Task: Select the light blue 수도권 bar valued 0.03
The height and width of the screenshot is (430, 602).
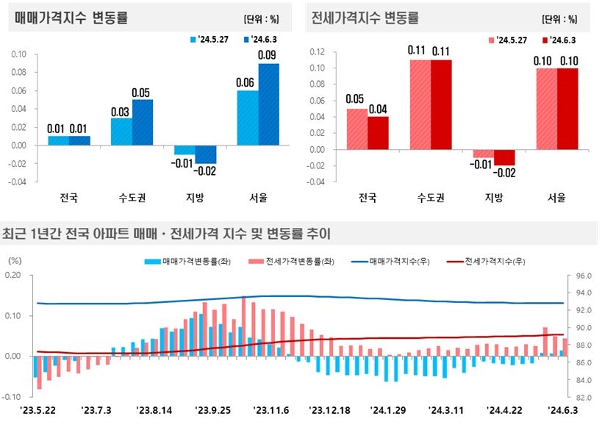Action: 121,132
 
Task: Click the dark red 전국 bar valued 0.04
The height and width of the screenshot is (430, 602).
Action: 378,133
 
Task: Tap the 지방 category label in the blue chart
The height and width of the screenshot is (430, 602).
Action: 195,198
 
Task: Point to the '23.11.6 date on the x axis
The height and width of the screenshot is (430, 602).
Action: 271,409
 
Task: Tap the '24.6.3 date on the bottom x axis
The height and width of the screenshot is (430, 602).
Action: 560,409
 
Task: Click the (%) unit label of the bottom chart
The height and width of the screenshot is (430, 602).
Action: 15,261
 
